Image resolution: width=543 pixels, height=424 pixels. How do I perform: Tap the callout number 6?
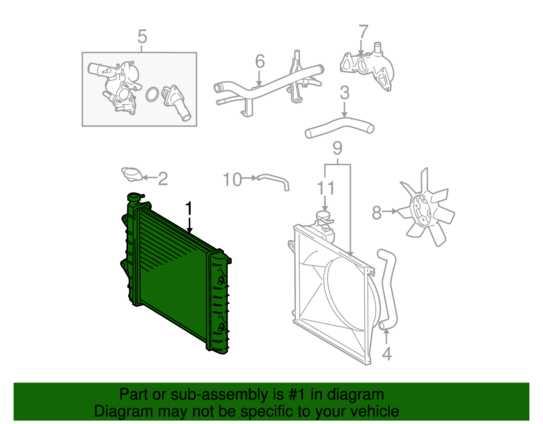260,61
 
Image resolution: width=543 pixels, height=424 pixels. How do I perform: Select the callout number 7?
363,32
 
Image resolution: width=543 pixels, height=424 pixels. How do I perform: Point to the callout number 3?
344,93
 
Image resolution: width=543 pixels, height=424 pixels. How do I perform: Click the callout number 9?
337,148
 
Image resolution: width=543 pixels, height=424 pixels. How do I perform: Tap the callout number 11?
326,188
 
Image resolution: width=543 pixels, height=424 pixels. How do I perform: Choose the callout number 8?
377,213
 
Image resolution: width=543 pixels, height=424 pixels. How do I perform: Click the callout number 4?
387,354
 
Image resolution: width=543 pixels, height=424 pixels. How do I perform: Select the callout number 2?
163,179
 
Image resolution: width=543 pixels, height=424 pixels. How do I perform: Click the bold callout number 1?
189,208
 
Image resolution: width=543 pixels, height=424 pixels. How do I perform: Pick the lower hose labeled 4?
389,289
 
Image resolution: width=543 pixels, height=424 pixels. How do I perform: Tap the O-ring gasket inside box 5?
152,94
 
